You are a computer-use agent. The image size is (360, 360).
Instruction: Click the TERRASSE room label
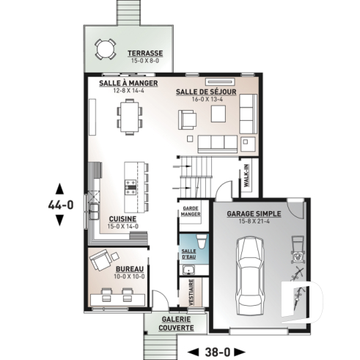pos(144,53)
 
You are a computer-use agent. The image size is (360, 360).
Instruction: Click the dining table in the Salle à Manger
pos(129,117)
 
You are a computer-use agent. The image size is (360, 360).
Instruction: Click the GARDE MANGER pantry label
pos(191,213)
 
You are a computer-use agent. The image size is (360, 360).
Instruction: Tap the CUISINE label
pos(122,218)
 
